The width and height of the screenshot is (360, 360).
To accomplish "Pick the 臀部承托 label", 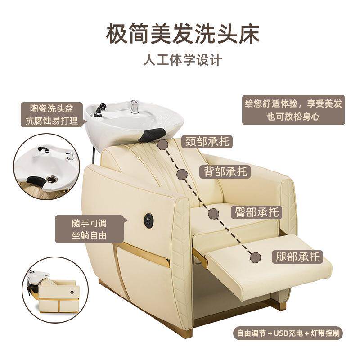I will pos(257,211).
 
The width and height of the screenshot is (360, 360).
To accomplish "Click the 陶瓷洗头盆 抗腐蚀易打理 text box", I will pos(53,114).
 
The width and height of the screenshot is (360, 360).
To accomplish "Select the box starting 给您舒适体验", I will pos(293,110).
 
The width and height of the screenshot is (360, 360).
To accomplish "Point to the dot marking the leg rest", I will pos(256,257).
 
